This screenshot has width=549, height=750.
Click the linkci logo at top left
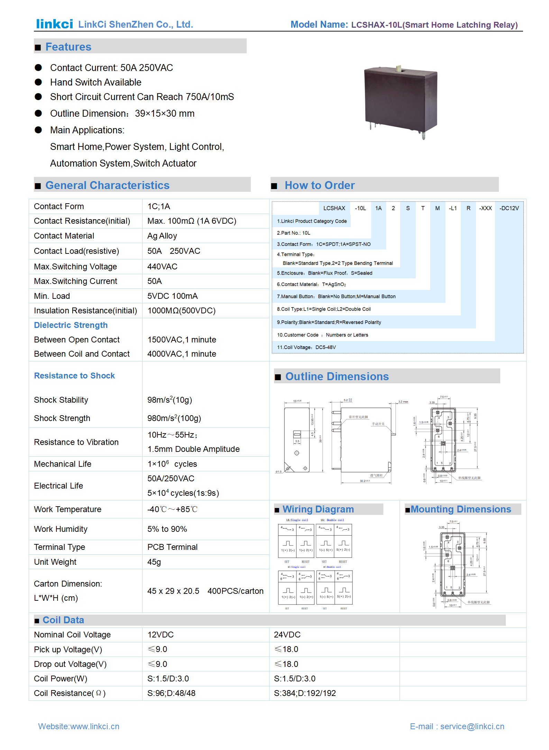(x=54, y=24)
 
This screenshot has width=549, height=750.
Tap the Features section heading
(x=68, y=47)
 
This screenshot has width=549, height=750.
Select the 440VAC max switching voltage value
(x=162, y=267)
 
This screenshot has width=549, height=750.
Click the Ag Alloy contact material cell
(x=162, y=236)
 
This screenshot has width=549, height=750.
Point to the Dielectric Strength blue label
(x=71, y=325)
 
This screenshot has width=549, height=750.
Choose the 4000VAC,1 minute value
(x=182, y=354)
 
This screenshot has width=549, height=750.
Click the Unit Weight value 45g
(x=154, y=562)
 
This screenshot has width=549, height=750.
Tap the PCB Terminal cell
(x=172, y=547)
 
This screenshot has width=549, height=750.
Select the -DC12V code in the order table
(x=509, y=208)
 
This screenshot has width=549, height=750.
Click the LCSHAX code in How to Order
(x=334, y=208)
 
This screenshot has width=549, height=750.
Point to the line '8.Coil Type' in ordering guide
(x=323, y=309)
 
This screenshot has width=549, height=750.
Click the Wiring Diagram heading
(x=318, y=509)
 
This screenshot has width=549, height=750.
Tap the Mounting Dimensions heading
(x=460, y=509)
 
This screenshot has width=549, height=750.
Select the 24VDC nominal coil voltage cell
(x=287, y=635)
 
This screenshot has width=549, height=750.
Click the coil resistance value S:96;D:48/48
(x=171, y=693)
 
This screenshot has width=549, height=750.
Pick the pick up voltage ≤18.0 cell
(x=286, y=649)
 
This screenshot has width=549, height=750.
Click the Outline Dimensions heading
(x=337, y=376)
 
